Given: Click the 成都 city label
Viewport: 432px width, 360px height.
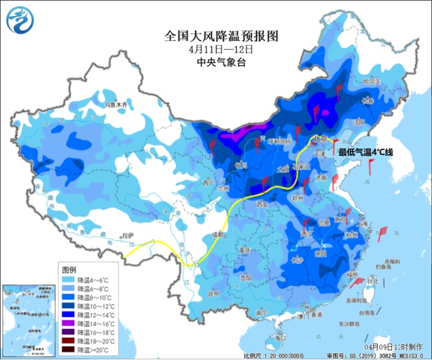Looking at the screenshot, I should tap(218, 235).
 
